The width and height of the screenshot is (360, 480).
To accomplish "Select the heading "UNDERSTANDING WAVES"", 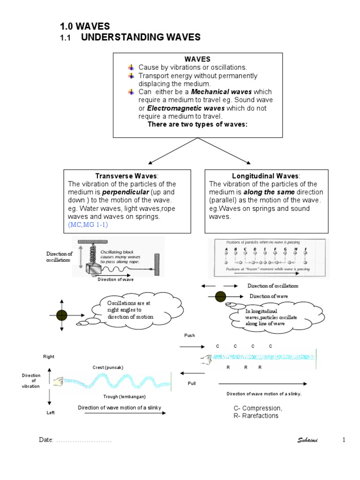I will (141, 37).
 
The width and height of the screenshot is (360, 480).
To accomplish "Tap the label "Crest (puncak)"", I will (107, 367).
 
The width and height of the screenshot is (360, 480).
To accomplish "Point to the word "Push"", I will (189, 336).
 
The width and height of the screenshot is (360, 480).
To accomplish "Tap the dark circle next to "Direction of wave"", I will (220, 296).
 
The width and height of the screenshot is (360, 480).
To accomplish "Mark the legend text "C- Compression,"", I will (258, 408).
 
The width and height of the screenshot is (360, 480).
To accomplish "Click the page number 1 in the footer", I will (344, 440).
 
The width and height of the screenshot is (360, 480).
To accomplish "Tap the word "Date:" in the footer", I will (46, 441).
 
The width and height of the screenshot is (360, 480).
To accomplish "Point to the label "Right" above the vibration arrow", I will (49, 357).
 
